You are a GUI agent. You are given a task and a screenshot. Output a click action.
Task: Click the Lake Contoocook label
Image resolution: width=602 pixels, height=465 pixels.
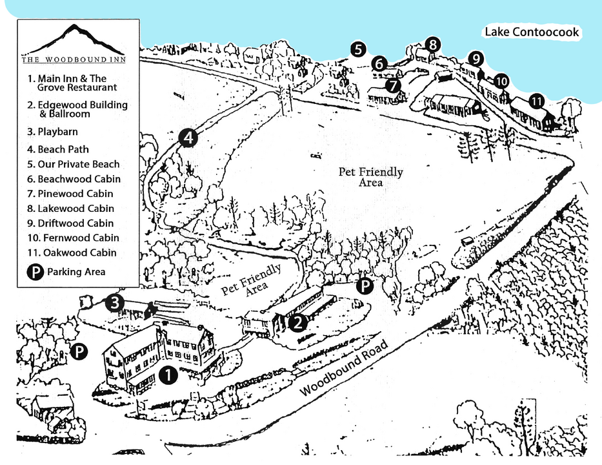tap(532, 32)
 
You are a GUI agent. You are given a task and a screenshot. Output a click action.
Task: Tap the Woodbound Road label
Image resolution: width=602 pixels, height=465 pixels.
tap(345, 369)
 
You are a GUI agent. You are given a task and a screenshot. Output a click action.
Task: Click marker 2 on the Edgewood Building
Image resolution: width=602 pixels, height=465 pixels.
tap(297, 322)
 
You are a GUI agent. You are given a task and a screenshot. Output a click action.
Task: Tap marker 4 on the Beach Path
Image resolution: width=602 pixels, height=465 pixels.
tap(188, 138)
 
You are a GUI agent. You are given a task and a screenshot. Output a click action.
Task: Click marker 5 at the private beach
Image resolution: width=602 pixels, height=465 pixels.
tap(359, 48)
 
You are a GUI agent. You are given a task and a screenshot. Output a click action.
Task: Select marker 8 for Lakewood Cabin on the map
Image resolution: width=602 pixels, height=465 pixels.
tap(433, 45)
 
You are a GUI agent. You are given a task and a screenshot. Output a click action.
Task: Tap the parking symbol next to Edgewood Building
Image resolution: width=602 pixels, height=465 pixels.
tap(365, 285)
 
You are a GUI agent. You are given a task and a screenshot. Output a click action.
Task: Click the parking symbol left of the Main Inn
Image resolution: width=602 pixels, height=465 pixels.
tap(79, 352)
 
